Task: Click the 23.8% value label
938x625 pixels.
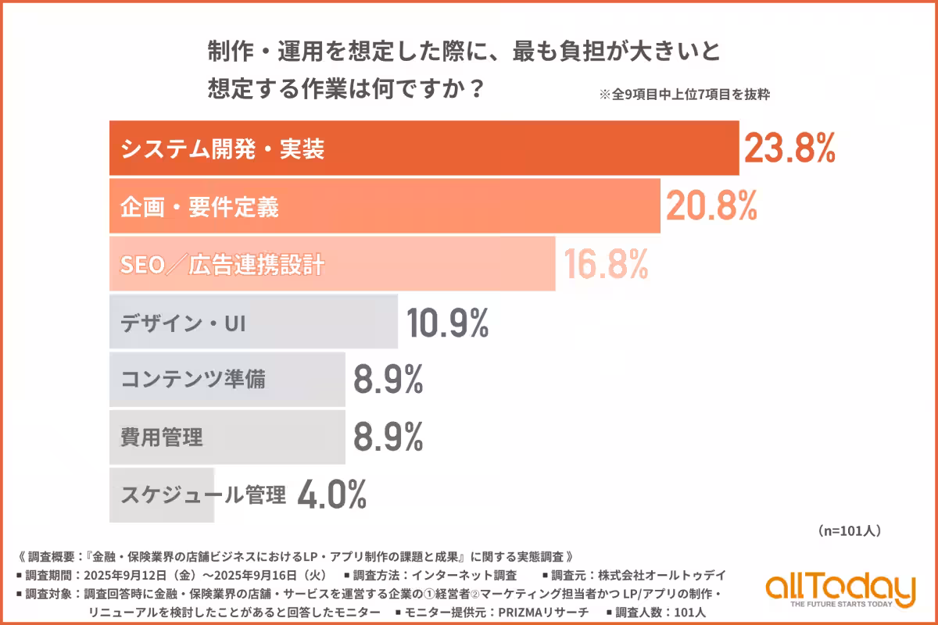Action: pos(789,148)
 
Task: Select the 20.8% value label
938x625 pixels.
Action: pos(711,205)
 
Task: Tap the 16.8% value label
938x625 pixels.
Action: pos(602,264)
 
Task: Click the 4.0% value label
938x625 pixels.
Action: pos(332,495)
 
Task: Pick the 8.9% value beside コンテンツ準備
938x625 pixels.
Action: pos(388,380)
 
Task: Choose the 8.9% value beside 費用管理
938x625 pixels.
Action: pos(388,437)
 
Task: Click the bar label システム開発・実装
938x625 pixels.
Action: pos(222,149)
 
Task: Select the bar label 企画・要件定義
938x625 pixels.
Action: pos(199,207)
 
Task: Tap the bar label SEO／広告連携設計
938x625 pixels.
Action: pos(222,265)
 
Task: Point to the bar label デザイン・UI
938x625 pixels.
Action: pos(183,323)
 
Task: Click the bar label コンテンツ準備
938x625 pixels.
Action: pos(193,380)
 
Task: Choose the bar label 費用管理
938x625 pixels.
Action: pos(162,437)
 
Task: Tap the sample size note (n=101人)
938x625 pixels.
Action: pos(850,530)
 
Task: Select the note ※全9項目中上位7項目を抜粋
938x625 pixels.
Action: pos(685,95)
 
